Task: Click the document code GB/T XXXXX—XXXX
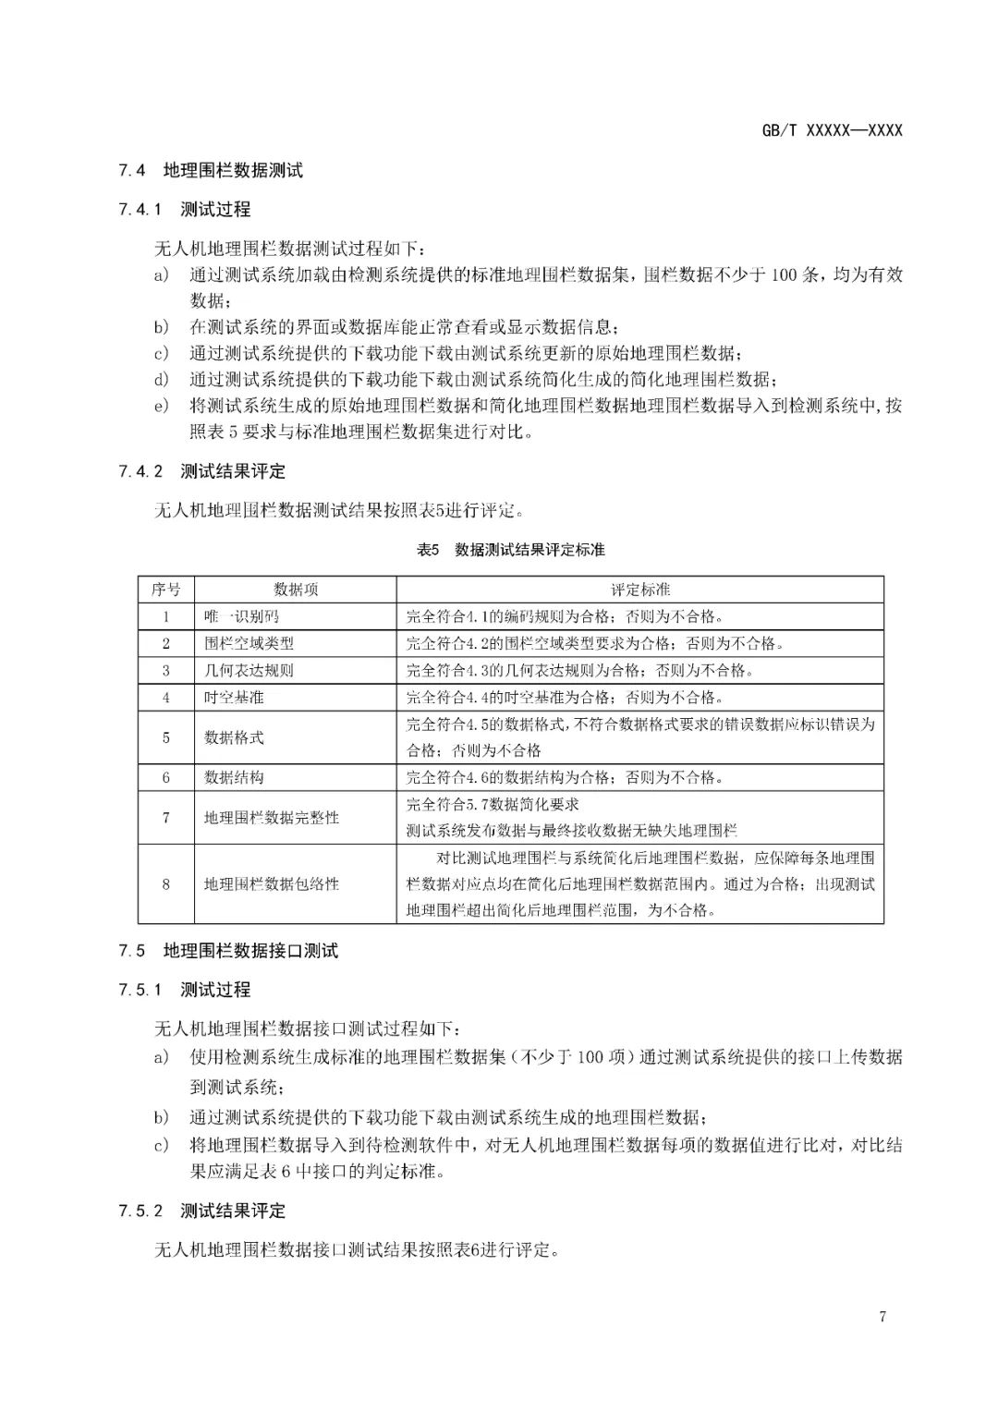point(832,130)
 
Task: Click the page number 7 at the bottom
point(882,1316)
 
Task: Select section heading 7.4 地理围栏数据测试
point(211,170)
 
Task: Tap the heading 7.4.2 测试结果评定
point(202,471)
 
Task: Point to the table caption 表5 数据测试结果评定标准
point(510,550)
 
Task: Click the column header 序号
point(166,590)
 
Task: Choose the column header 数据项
point(296,590)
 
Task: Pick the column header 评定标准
point(640,590)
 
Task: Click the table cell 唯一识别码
point(241,616)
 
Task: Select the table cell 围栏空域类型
point(249,643)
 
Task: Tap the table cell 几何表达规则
point(249,670)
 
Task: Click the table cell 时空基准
point(234,697)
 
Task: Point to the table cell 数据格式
point(234,737)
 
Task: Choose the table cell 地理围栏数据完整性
point(272,818)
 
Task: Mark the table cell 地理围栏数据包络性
point(272,884)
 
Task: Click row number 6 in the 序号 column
point(166,777)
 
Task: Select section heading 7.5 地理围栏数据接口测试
point(228,951)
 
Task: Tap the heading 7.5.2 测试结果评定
point(202,1211)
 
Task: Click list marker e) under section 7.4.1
point(162,406)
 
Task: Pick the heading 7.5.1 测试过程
point(185,990)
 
